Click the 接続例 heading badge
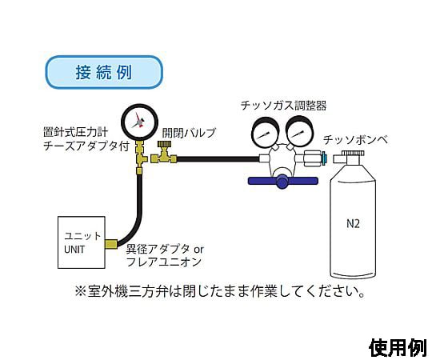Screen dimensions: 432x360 click(104, 72)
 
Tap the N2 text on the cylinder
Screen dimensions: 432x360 click(353, 224)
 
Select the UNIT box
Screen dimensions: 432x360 click(82, 242)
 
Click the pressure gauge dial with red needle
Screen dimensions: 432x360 click(139, 122)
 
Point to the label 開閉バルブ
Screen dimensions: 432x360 click(189, 133)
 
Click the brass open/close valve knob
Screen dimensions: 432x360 click(165, 144)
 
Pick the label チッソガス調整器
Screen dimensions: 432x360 click(284, 106)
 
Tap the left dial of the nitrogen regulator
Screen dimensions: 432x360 click(265, 133)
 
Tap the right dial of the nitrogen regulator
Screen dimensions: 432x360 click(299, 133)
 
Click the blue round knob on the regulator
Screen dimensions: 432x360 click(282, 182)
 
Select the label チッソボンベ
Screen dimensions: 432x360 click(356, 140)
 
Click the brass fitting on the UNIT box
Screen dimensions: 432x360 click(111, 244)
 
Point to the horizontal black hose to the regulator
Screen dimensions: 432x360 click(218, 159)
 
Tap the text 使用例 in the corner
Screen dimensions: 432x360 click(398, 348)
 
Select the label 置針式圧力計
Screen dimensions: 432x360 click(75, 133)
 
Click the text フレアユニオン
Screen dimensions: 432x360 click(164, 262)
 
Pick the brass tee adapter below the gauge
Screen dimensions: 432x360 click(141, 156)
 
